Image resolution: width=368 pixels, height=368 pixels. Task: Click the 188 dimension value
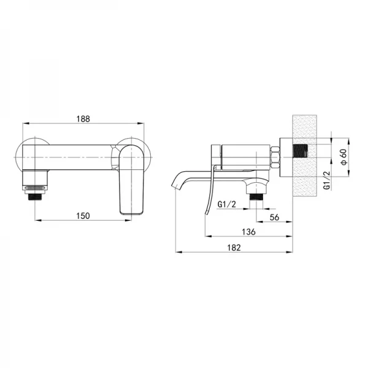83,119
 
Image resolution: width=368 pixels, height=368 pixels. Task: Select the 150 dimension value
83,216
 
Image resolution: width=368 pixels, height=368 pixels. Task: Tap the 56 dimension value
274,217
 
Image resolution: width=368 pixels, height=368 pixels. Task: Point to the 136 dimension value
248,232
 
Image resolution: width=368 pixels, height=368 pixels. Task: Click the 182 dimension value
234,248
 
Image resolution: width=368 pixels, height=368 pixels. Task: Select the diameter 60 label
343,157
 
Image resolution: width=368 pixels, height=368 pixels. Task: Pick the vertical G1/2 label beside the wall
327,180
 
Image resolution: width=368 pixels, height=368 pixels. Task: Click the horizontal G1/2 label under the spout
227,204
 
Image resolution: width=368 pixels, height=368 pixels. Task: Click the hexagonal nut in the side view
275,157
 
